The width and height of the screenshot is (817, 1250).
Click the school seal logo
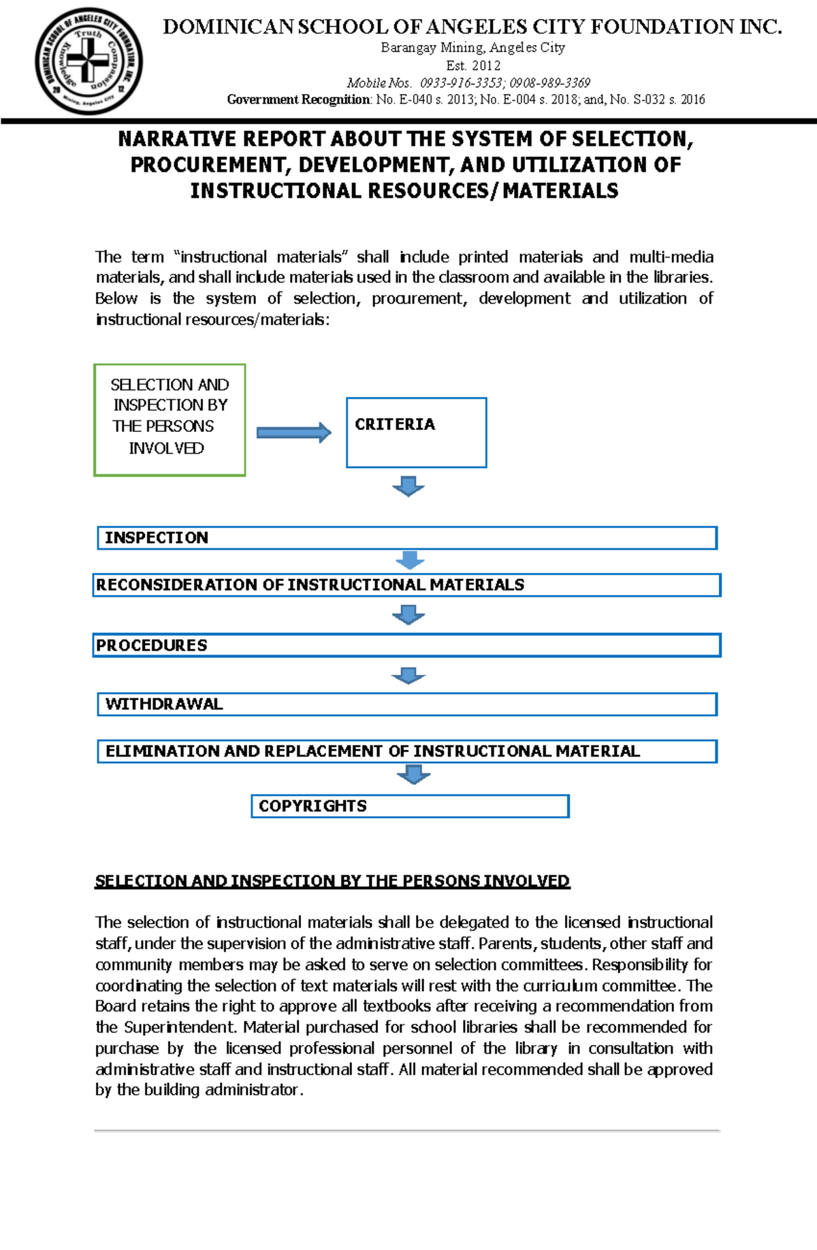89,61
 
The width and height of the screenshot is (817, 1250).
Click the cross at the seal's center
87,60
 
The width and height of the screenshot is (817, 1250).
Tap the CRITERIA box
416,433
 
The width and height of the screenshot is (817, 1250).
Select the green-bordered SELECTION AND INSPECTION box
170,420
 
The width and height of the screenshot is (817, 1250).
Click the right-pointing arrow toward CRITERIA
293,433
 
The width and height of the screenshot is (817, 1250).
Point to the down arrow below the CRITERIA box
408,486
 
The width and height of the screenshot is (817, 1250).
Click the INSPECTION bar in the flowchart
407,537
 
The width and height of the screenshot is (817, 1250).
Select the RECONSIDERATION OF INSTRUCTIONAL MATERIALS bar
406,584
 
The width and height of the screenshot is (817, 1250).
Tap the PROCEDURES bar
406,645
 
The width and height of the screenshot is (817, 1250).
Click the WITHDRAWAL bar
407,704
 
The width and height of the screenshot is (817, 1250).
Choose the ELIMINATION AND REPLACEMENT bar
407,751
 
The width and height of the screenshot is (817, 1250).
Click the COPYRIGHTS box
410,806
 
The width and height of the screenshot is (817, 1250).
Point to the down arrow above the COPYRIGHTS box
413,774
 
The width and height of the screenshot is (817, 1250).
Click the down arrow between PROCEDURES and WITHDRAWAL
408,675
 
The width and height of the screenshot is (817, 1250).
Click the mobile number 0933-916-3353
462,83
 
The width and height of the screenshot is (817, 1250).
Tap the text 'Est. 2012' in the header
473,66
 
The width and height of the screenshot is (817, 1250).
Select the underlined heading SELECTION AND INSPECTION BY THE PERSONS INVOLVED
332,881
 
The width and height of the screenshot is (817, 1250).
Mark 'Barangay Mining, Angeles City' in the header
473,48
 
